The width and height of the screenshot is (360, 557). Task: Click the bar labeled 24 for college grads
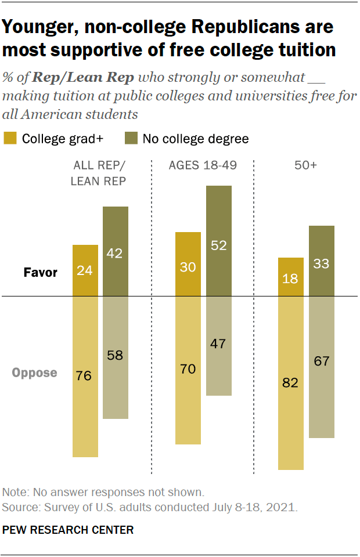[85, 270]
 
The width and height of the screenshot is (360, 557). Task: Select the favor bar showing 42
[116, 251]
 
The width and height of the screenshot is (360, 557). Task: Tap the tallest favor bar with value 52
[218, 241]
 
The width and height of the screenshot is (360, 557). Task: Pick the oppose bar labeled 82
[291, 383]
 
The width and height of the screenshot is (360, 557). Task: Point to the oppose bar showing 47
[218, 346]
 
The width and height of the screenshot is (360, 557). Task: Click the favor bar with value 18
[291, 277]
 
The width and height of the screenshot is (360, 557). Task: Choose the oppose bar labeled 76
[85, 376]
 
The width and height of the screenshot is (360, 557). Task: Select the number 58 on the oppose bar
[116, 355]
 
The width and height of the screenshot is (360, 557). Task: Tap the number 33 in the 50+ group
[322, 264]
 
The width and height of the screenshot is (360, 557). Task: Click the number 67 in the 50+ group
[322, 361]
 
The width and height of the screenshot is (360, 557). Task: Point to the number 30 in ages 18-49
[188, 267]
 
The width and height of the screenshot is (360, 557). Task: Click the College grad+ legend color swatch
[10, 139]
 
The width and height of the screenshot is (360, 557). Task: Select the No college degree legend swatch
[131, 139]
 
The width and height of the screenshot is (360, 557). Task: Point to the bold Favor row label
[40, 272]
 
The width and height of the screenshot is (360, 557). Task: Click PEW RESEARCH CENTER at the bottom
[68, 530]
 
